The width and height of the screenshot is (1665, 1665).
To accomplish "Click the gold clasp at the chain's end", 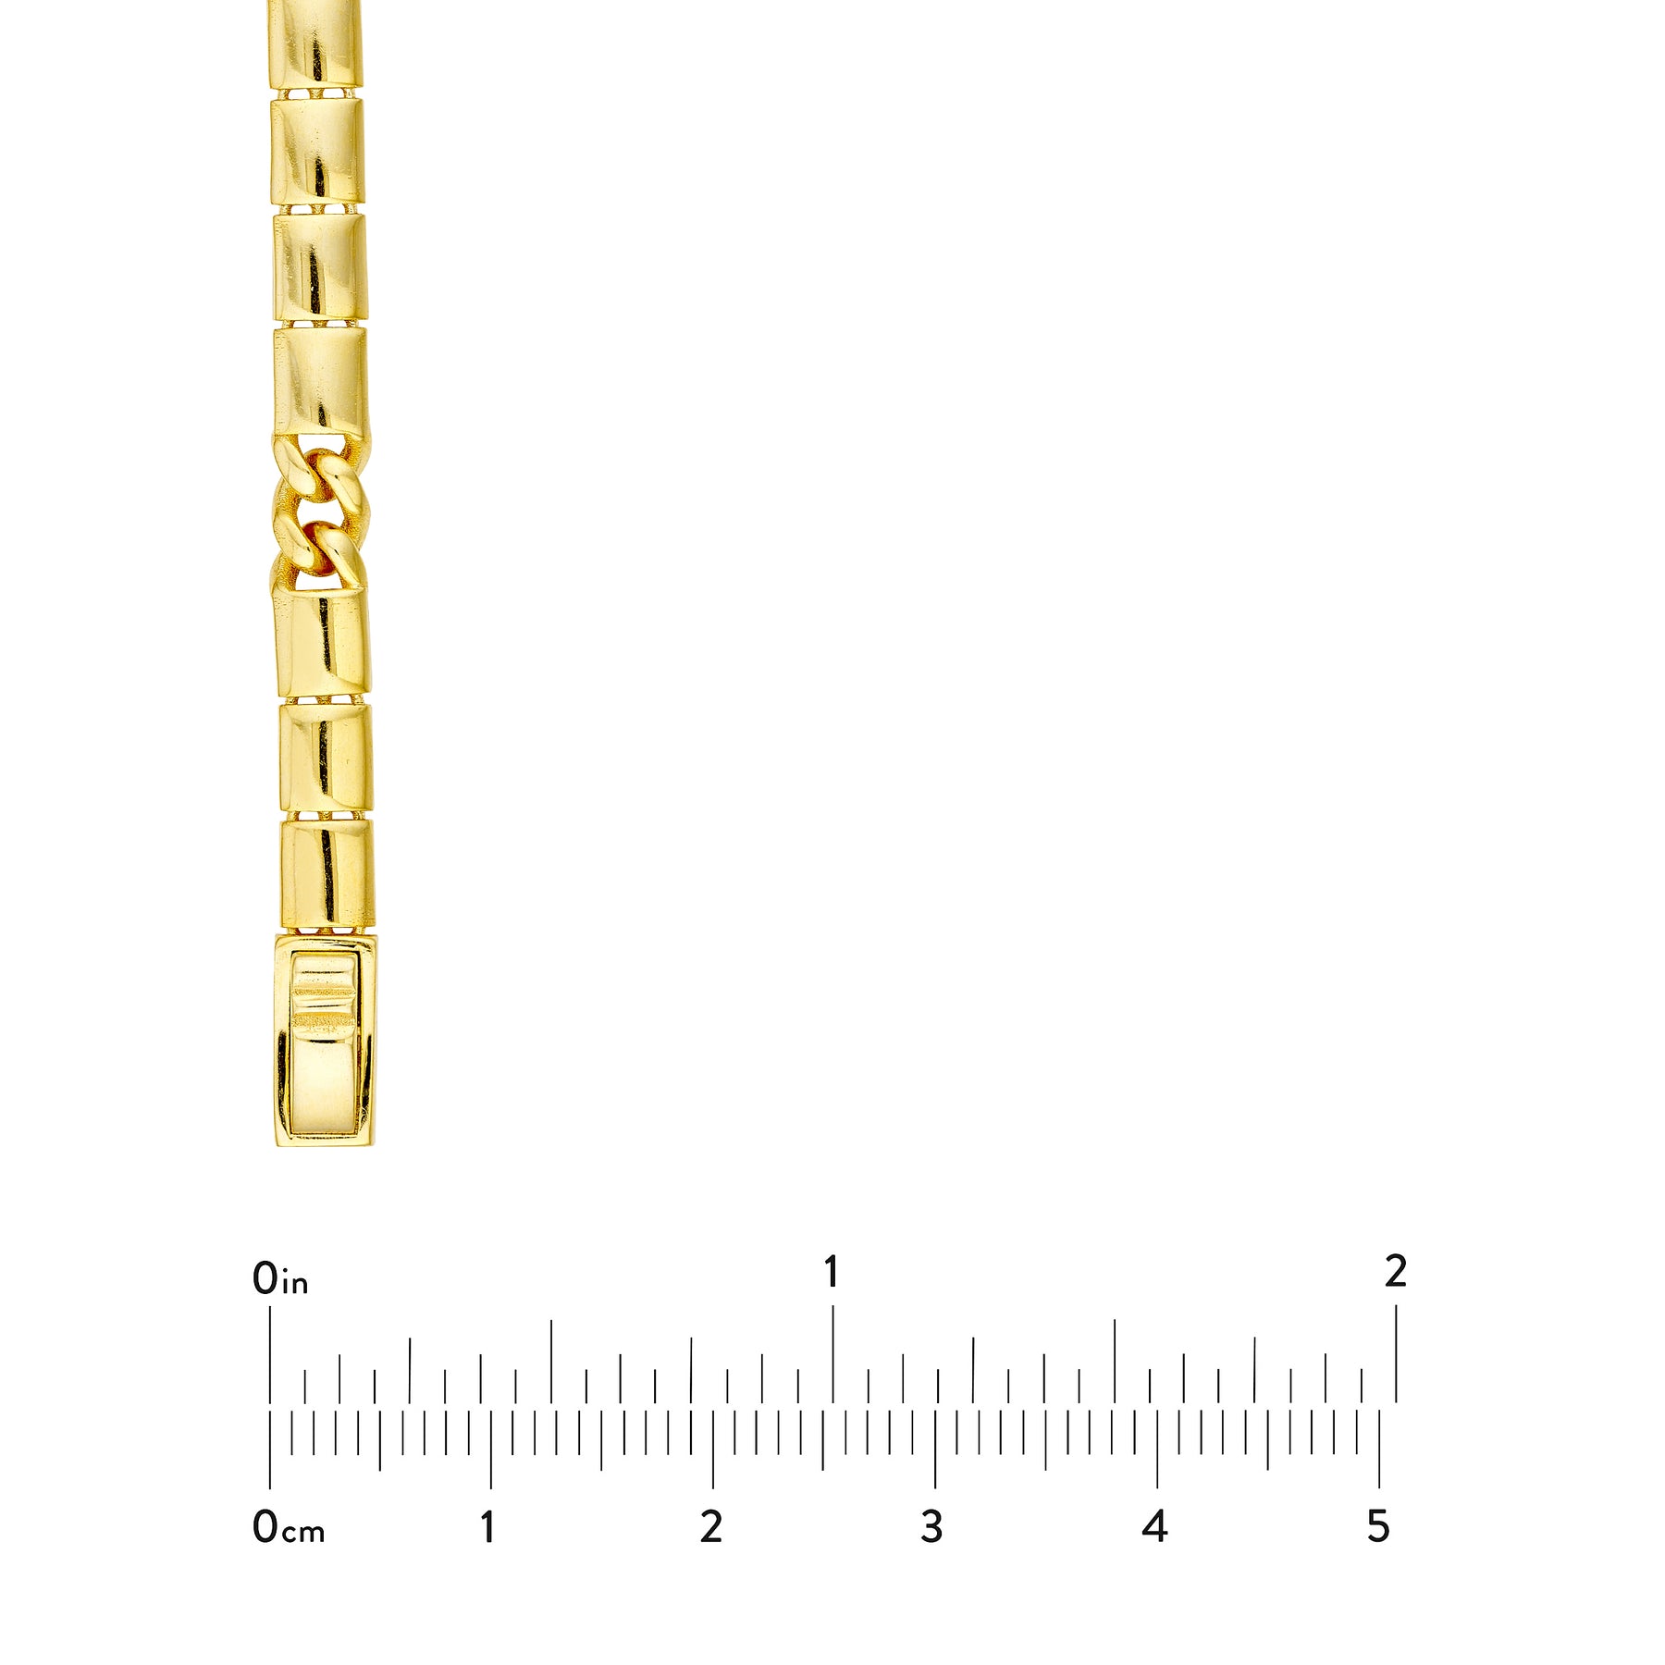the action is click(326, 1040).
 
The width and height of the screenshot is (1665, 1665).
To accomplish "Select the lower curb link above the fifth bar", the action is click(319, 552).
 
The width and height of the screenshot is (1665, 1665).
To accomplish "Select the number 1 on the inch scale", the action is click(832, 1273).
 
